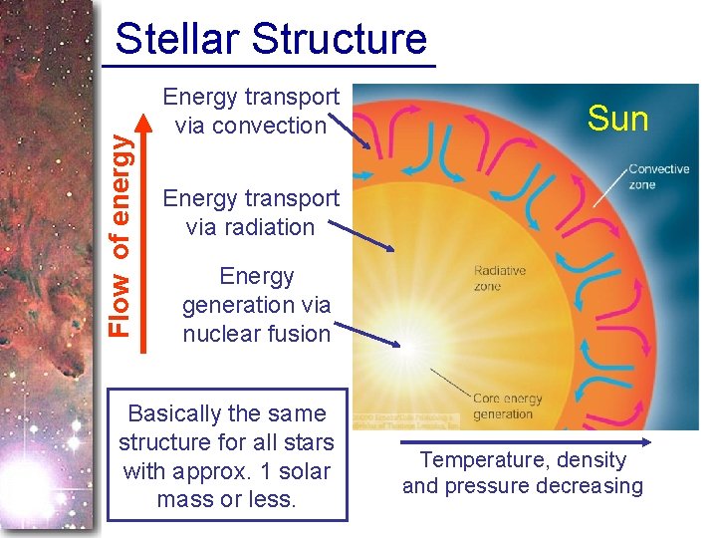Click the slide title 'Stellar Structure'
(271, 39)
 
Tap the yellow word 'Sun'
(617, 120)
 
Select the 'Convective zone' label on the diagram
(658, 176)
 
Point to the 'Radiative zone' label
(499, 278)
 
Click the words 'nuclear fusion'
(256, 334)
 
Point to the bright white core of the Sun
(407, 344)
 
